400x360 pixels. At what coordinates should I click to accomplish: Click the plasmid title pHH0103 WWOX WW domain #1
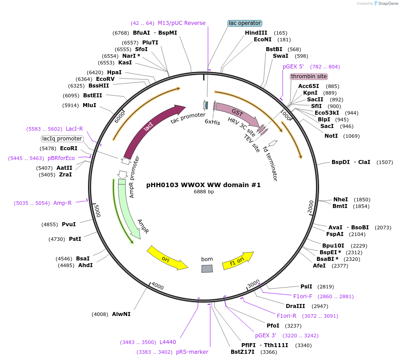click(x=204, y=185)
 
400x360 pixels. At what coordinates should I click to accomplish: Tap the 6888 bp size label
click(x=204, y=192)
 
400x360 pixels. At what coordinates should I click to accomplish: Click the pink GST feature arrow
click(x=238, y=114)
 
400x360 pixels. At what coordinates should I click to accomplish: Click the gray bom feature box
click(x=207, y=268)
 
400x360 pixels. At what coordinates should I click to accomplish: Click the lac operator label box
click(x=245, y=23)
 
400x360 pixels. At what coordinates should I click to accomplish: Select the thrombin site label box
click(x=308, y=76)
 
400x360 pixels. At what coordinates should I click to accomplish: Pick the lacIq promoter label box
click(x=62, y=139)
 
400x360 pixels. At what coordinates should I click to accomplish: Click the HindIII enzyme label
click(x=256, y=33)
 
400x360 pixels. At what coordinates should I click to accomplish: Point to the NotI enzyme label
click(x=331, y=136)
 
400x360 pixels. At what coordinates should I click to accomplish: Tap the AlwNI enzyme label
click(x=121, y=314)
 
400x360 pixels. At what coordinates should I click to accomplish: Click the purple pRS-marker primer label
click(x=192, y=352)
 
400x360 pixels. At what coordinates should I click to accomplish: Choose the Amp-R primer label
click(x=62, y=203)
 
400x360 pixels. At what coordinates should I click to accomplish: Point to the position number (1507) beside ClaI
click(x=384, y=162)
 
